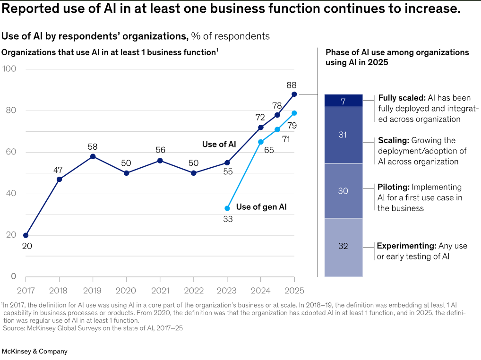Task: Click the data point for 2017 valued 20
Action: tap(26, 235)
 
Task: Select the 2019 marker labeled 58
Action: tap(93, 156)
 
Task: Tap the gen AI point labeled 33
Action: tap(227, 208)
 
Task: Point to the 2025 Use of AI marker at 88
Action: tap(294, 94)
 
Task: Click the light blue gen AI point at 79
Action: tap(294, 113)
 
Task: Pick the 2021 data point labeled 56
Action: tap(160, 161)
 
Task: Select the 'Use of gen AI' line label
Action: tap(261, 206)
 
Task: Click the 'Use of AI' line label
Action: tap(219, 144)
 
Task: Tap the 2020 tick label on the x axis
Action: tap(126, 290)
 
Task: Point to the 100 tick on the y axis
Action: tap(9, 69)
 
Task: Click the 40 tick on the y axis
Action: tap(10, 194)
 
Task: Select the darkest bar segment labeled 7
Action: tap(343, 101)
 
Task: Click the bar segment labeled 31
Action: tap(343, 135)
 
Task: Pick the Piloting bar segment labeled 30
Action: tap(343, 191)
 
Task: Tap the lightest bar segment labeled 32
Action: tap(343, 247)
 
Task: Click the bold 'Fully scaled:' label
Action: tap(402, 98)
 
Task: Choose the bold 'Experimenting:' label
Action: tap(406, 246)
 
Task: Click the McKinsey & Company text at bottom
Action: tap(35, 351)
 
